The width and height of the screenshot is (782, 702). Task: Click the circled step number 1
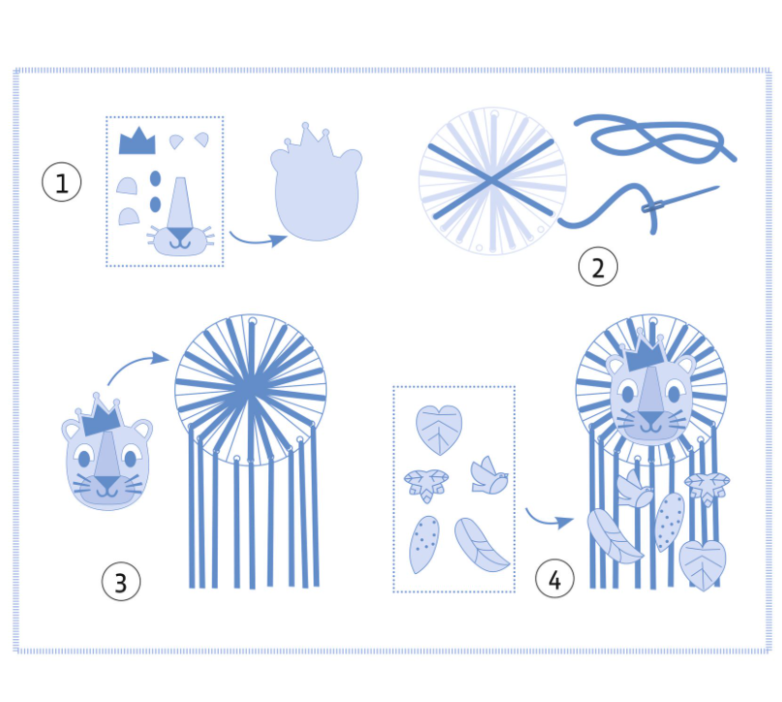(61, 182)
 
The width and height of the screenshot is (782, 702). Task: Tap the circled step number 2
(598, 267)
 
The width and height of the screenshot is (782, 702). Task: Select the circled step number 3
(121, 581)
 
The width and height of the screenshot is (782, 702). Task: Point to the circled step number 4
(554, 578)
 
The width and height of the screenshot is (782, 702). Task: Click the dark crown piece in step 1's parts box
(138, 142)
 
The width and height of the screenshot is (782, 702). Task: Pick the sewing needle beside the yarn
(681, 199)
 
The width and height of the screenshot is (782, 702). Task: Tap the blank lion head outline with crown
(317, 183)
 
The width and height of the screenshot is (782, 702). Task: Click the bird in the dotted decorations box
(489, 475)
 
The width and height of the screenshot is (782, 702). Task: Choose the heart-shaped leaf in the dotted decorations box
(439, 430)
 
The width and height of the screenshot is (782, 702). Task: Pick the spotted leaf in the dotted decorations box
(423, 544)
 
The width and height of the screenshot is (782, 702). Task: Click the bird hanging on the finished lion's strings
(635, 490)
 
